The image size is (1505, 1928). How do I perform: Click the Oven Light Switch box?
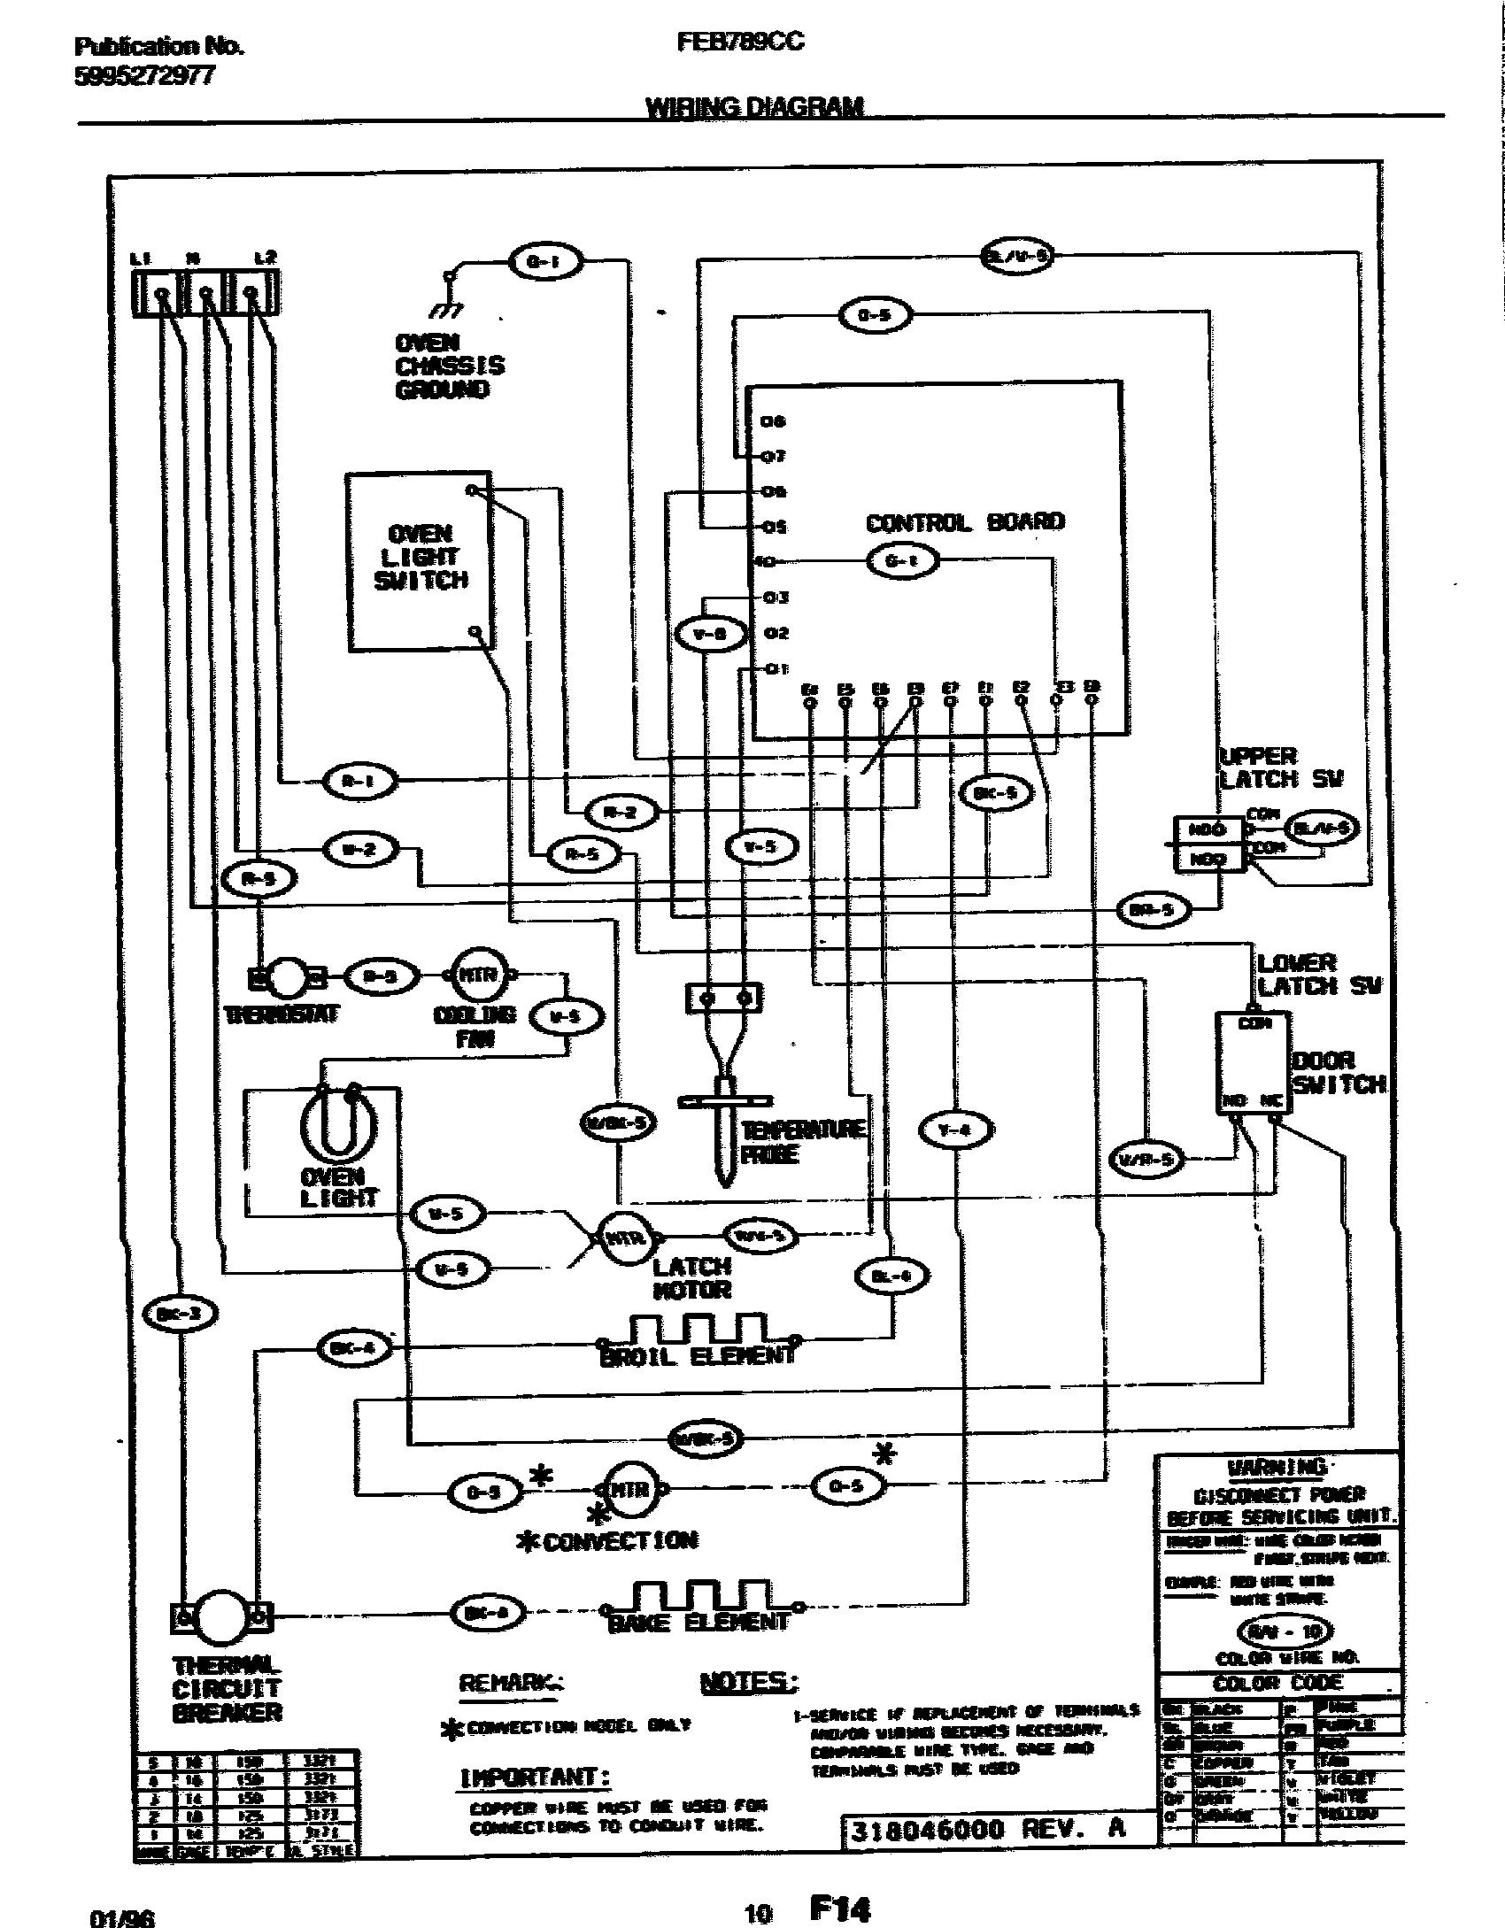(x=419, y=561)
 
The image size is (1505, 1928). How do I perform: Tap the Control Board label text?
(x=964, y=522)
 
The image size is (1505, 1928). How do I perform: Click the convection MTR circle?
(x=629, y=1489)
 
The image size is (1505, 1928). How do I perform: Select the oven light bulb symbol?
(x=337, y=1124)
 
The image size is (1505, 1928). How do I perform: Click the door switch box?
(x=1253, y=1062)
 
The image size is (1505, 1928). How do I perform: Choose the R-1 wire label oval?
(x=358, y=781)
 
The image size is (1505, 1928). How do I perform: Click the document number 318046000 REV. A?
(x=987, y=1830)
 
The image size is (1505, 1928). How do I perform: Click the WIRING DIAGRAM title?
(x=753, y=108)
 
